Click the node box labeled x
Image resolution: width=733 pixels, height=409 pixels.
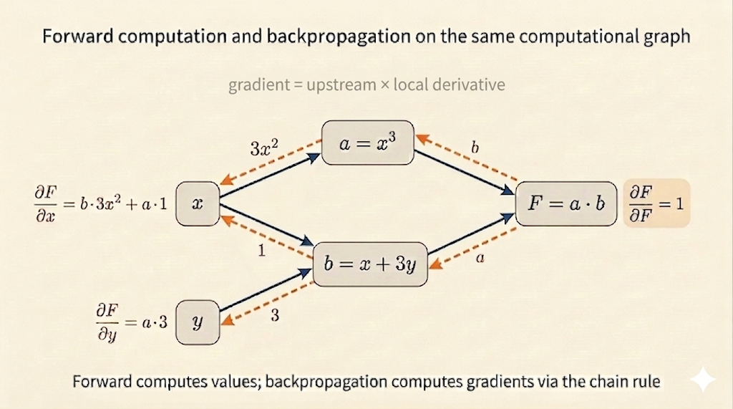click(198, 203)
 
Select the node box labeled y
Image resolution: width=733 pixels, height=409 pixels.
click(197, 322)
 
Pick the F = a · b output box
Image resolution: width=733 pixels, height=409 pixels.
click(565, 203)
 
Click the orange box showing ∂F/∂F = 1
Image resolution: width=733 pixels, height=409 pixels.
click(656, 203)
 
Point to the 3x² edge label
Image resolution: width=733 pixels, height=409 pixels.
click(264, 149)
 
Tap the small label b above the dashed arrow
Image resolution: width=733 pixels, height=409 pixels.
click(475, 148)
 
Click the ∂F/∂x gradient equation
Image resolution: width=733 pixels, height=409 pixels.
click(99, 203)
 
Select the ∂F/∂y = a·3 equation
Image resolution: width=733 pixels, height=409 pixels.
click(130, 322)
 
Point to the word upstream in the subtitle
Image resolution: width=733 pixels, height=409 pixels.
click(341, 85)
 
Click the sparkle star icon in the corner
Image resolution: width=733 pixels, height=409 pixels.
click(704, 380)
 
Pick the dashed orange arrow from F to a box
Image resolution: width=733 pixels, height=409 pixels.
click(470, 158)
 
